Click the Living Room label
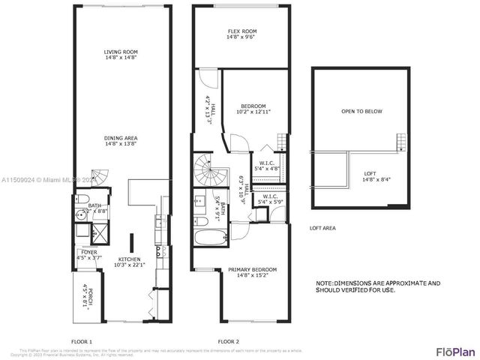(120, 54)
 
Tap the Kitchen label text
(128, 261)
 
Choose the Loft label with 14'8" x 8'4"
(371, 175)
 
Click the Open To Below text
(361, 112)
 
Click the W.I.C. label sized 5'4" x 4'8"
(267, 166)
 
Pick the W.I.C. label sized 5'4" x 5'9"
(270, 200)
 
